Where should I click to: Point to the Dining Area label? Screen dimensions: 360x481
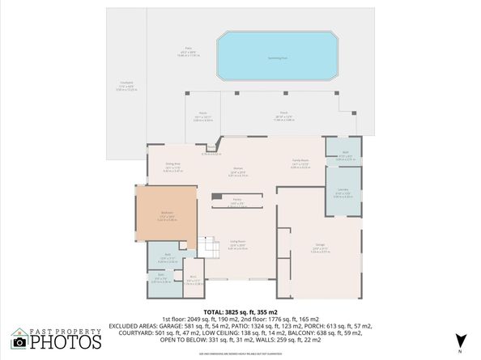click(x=172, y=167)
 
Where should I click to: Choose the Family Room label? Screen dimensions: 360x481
click(x=300, y=161)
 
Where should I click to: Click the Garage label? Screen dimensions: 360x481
click(x=319, y=248)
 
